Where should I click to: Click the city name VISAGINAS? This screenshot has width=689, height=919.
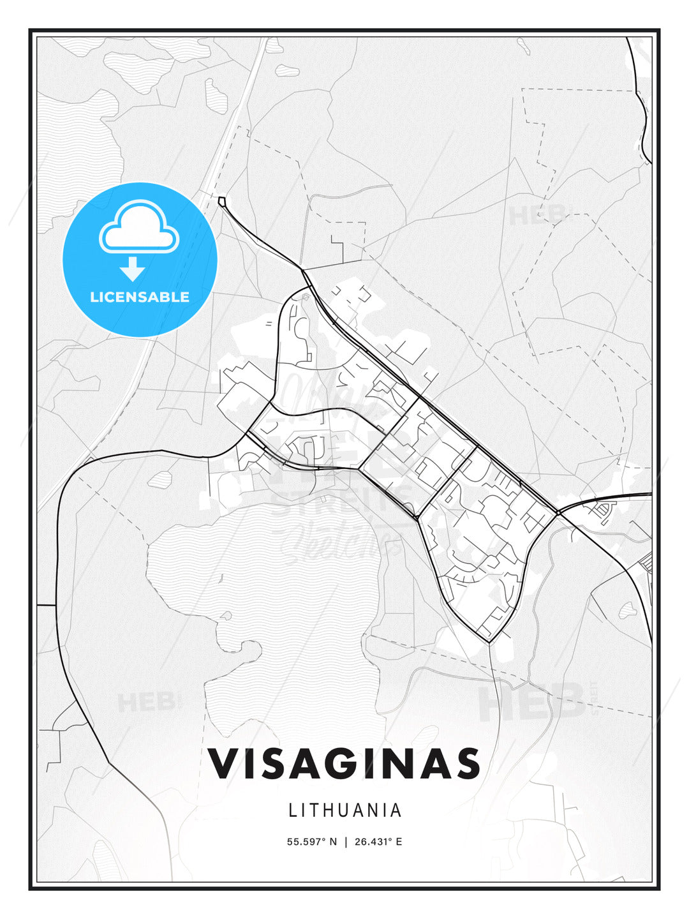(x=344, y=763)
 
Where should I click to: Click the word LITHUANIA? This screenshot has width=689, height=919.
(x=345, y=810)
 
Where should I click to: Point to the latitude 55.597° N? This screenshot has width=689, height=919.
(x=311, y=842)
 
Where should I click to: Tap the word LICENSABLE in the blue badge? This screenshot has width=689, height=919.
(x=140, y=297)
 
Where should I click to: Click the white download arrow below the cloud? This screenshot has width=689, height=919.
(x=133, y=269)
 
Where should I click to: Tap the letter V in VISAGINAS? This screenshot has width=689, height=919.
(x=225, y=763)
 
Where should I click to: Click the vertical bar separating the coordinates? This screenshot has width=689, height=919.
(x=345, y=842)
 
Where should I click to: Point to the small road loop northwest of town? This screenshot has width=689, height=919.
(x=221, y=202)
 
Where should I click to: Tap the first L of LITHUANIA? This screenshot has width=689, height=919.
(x=293, y=810)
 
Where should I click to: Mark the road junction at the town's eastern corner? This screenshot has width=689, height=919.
(x=558, y=512)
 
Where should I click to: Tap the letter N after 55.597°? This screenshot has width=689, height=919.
(x=332, y=842)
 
